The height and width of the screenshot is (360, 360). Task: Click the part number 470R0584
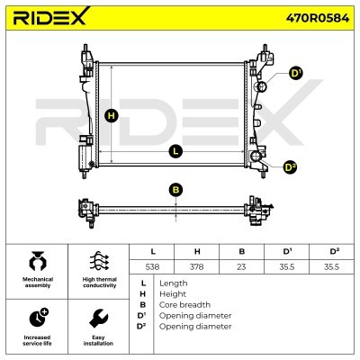[x=318, y=18]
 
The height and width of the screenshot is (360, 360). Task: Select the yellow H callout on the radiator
[x=112, y=116]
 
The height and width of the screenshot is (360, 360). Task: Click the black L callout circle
[x=175, y=151]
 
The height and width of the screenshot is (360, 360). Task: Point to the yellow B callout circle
[x=175, y=190]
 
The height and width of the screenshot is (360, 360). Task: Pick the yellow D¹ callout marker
[x=296, y=74]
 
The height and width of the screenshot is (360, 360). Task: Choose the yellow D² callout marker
[x=290, y=167]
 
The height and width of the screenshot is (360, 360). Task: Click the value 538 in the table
[x=152, y=266]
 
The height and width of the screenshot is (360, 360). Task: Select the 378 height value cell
[x=196, y=266]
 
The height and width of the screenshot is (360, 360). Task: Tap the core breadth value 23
[x=241, y=266]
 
